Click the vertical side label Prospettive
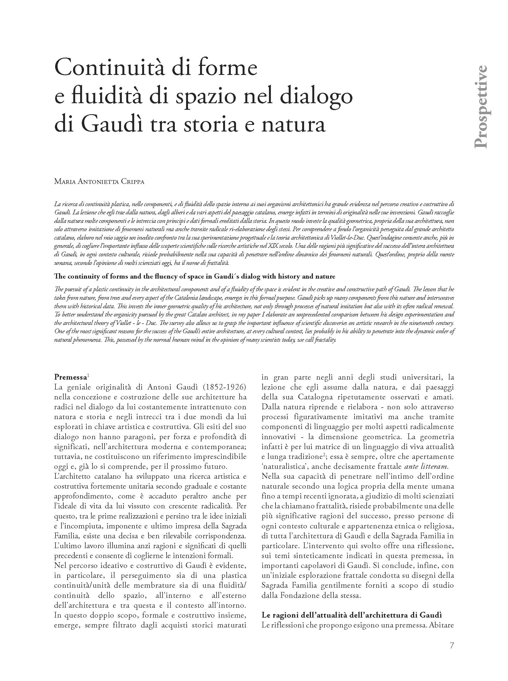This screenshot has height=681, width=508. point(480,107)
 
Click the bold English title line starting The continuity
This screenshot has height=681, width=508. point(194,276)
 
